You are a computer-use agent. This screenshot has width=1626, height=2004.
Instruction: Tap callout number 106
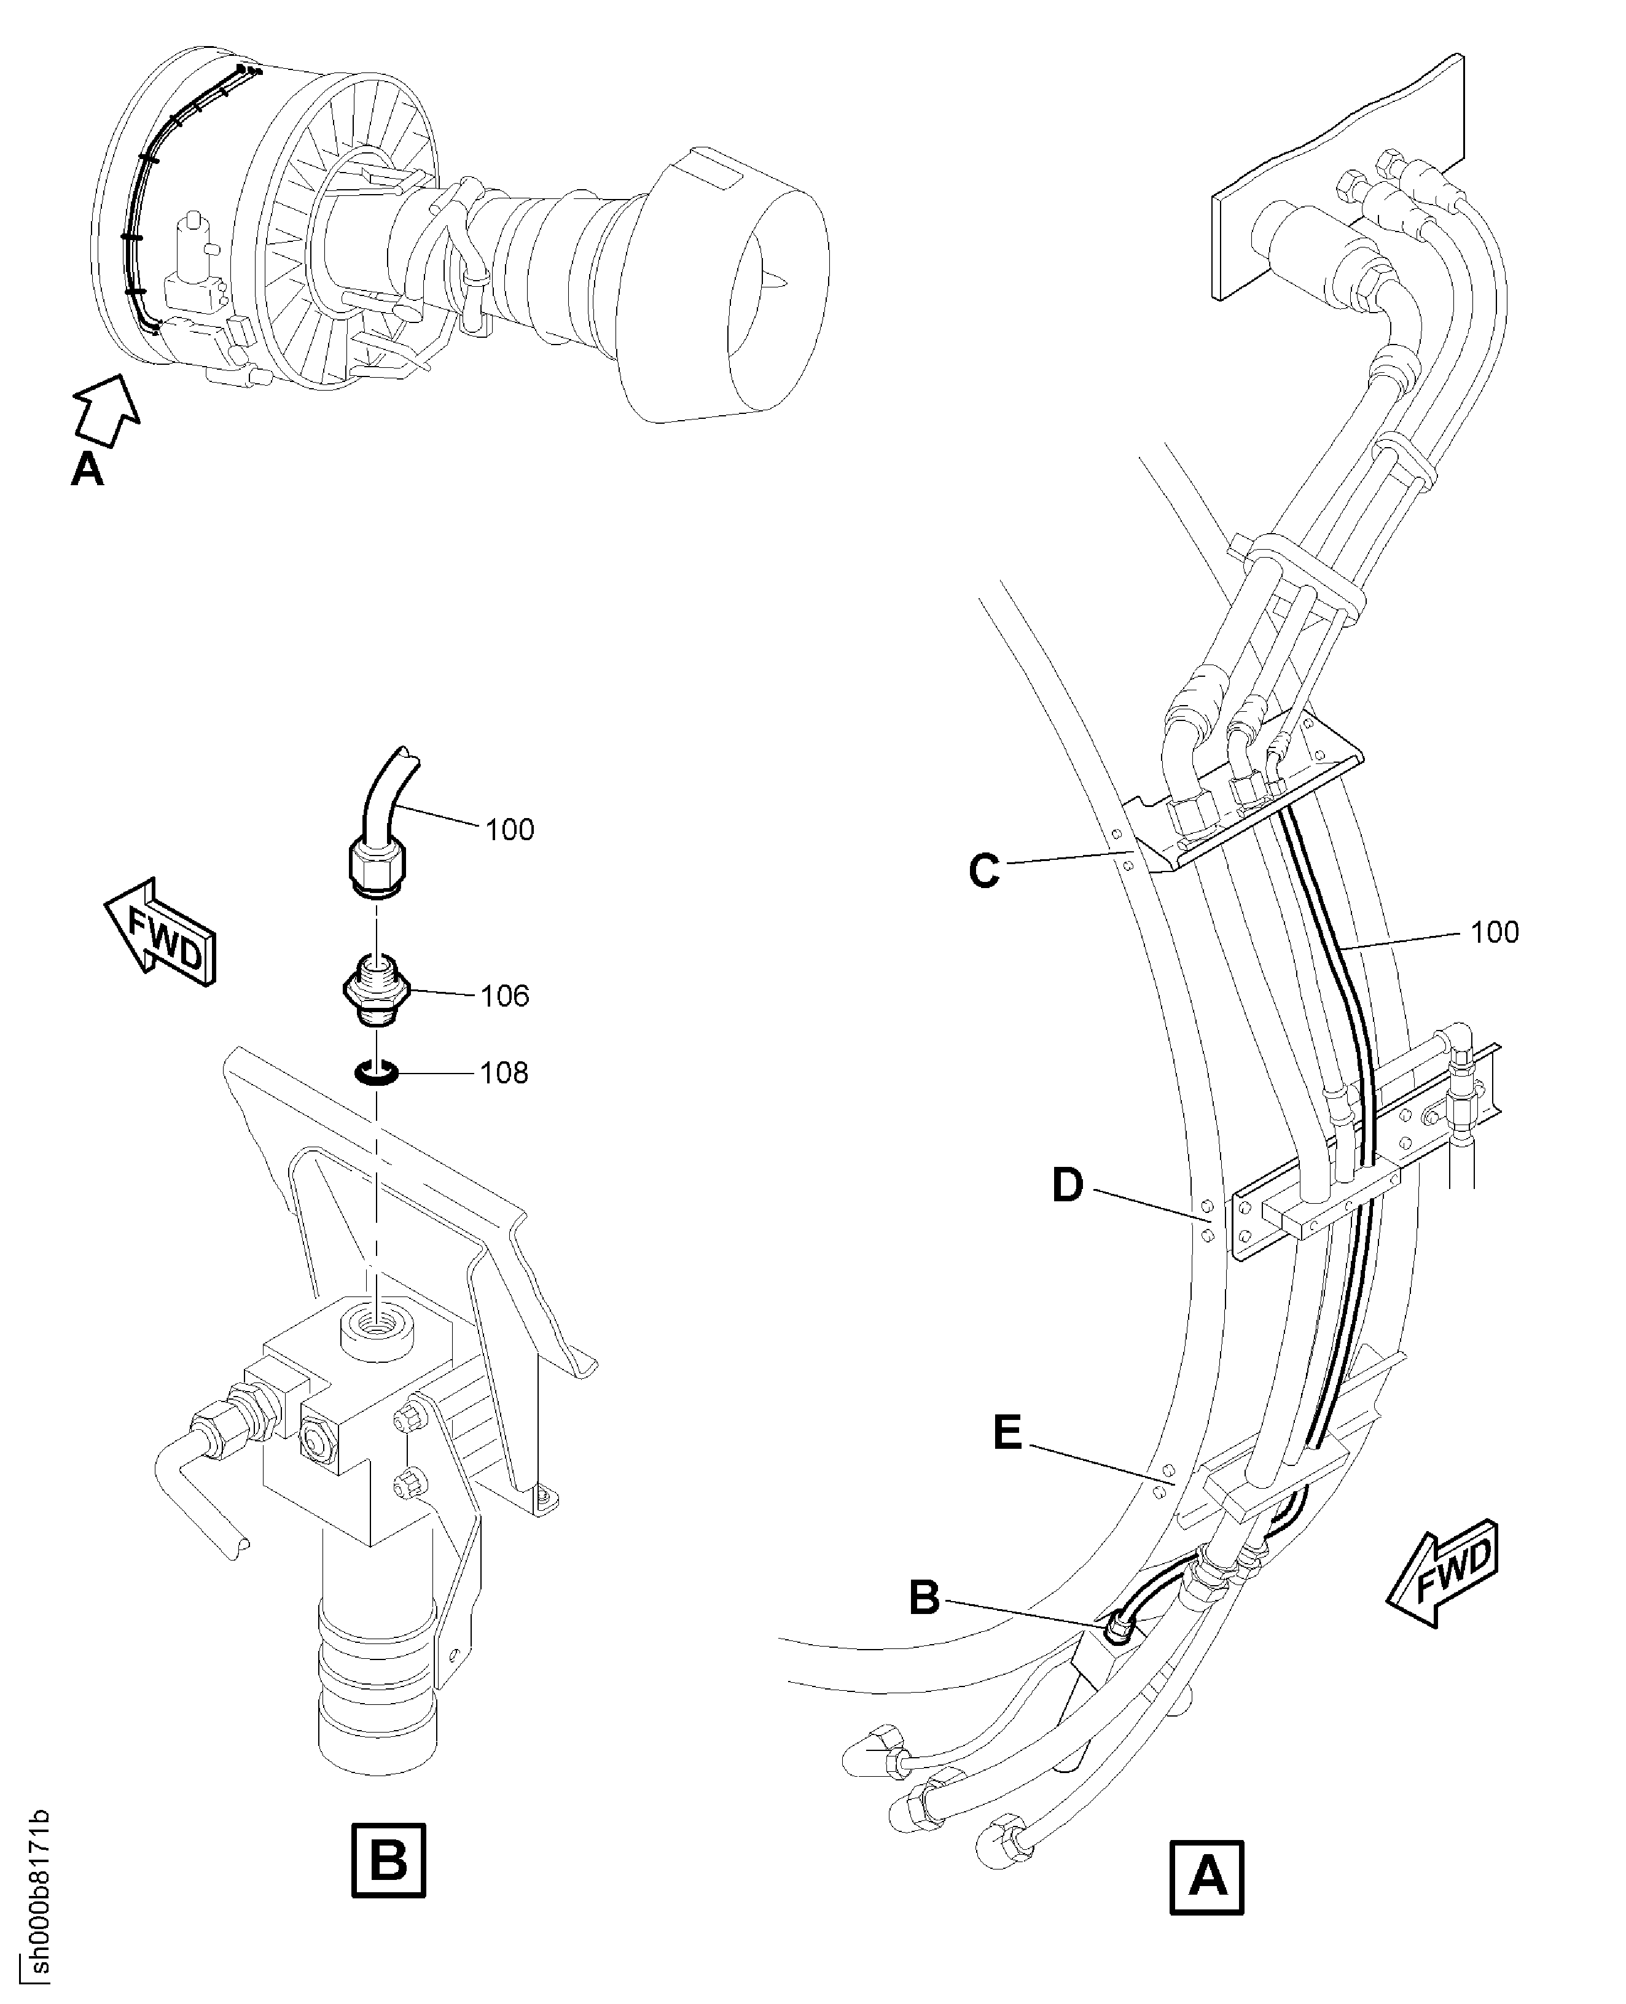(505, 996)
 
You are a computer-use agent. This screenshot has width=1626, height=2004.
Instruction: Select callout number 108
(504, 1072)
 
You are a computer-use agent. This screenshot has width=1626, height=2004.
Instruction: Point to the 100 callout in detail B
(509, 830)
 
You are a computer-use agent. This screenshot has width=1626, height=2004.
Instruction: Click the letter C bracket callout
(983, 871)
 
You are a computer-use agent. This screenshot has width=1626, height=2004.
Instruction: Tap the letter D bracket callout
(1067, 1185)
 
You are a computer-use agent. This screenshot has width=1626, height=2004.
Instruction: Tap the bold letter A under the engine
(87, 470)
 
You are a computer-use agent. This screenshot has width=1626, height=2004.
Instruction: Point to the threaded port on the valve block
(375, 1325)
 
